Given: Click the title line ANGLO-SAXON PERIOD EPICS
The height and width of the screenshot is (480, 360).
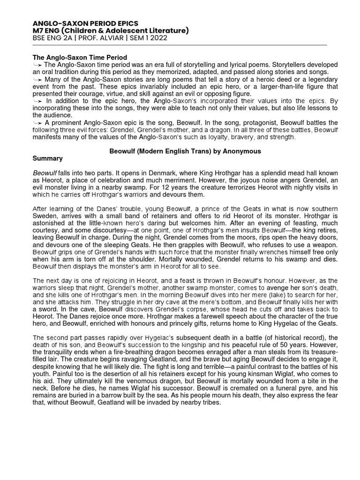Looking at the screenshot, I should pyautogui.click(x=85, y=23).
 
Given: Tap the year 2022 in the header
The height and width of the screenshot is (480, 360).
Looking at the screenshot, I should pyautogui.click(x=147, y=38).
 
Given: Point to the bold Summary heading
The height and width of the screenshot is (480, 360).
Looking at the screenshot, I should pyautogui.click(x=47, y=158).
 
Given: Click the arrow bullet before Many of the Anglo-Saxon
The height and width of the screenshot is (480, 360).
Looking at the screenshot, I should pyautogui.click(x=38, y=79).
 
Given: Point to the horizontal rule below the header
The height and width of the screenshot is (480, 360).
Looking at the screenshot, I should pyautogui.click(x=180, y=45).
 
